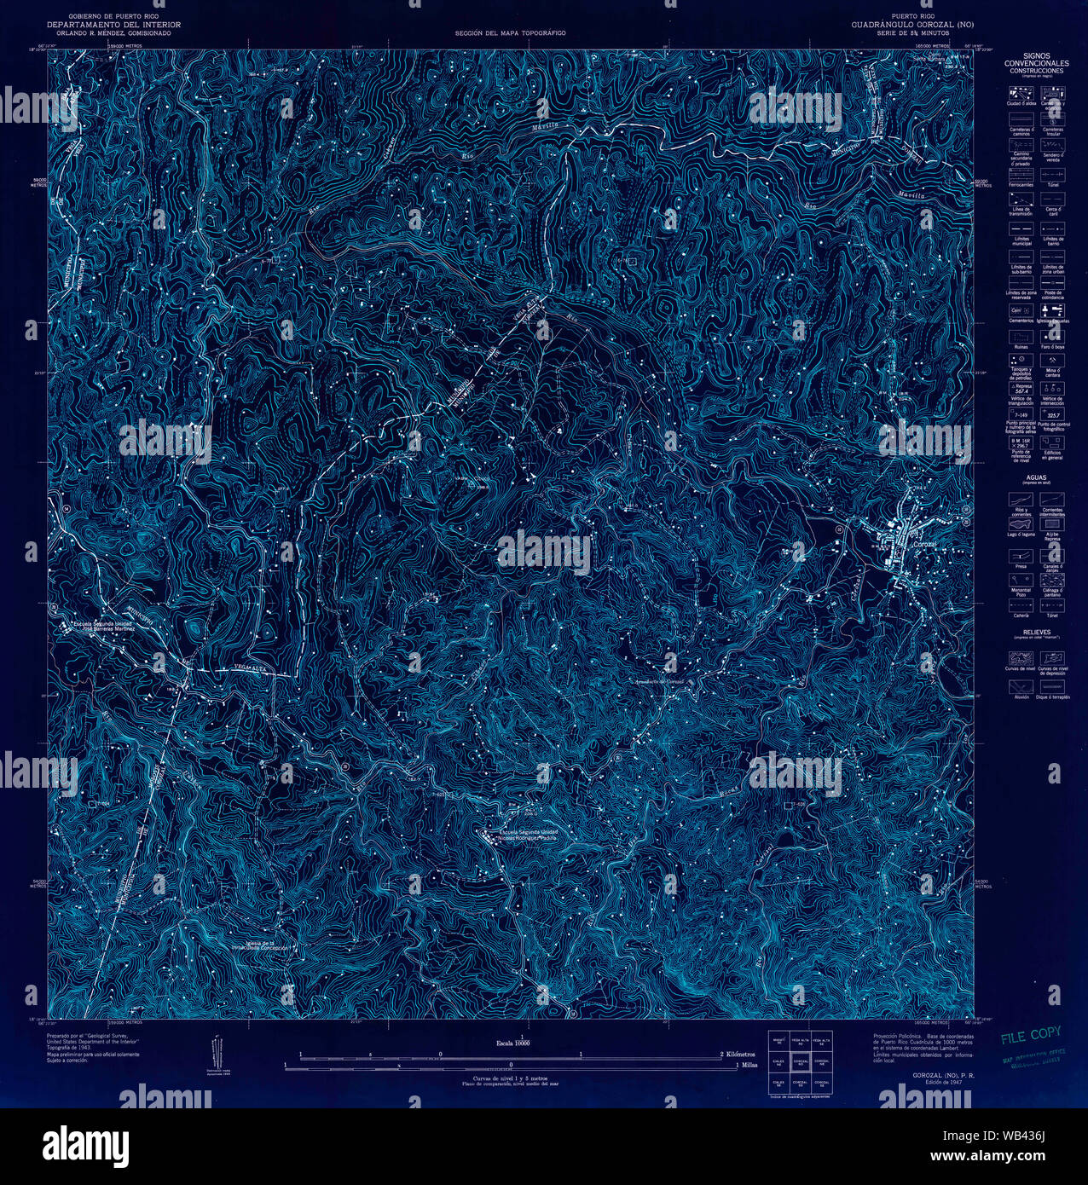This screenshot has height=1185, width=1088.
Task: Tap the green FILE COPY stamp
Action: pyautogui.click(x=1030, y=1036)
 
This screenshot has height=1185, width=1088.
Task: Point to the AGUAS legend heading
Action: pyautogui.click(x=1036, y=478)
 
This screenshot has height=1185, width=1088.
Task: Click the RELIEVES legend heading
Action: pyautogui.click(x=1036, y=633)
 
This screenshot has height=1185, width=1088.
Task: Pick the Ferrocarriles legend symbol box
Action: pyautogui.click(x=1021, y=175)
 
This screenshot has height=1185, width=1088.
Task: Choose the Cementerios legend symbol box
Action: pyautogui.click(x=1021, y=310)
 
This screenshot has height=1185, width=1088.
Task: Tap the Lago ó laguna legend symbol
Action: pyautogui.click(x=1021, y=525)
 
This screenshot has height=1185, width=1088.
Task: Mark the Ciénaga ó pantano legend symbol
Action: pyautogui.click(x=1052, y=580)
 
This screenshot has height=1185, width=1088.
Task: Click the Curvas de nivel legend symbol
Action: pyautogui.click(x=1021, y=658)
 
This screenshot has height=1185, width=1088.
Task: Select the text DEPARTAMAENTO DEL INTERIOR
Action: pyautogui.click(x=113, y=25)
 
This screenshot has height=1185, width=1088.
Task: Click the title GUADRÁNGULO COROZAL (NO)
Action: pyautogui.click(x=911, y=25)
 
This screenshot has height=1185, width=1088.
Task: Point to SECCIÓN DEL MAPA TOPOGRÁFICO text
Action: pyautogui.click(x=510, y=33)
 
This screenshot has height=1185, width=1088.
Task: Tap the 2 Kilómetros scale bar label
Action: pyautogui.click(x=738, y=1055)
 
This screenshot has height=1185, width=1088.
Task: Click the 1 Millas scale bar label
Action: pyautogui.click(x=746, y=1065)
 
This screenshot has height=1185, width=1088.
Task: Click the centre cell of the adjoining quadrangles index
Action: pyautogui.click(x=800, y=1062)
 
